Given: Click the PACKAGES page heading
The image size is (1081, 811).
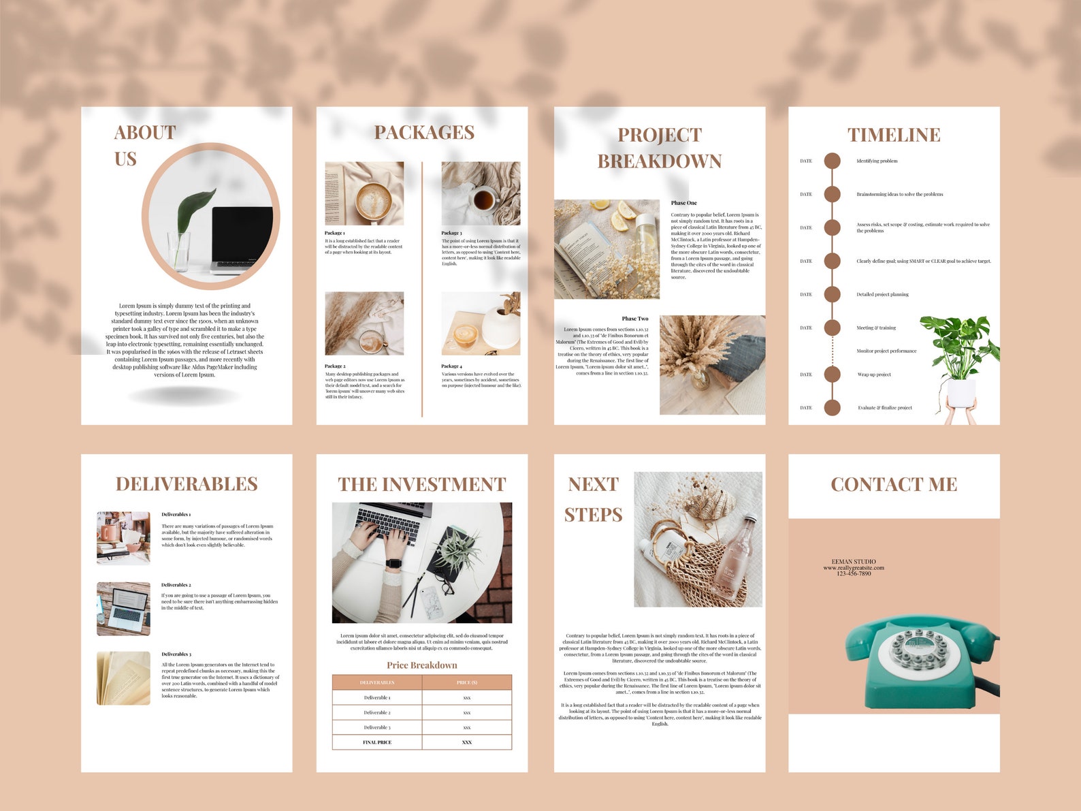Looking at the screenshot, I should click(424, 132).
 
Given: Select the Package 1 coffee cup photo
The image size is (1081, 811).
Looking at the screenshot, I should click(364, 193).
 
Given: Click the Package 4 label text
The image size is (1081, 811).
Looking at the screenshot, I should click(451, 366).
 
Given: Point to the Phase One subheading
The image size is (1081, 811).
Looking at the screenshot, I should click(683, 203).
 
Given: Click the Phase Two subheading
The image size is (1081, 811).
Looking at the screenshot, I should click(634, 319).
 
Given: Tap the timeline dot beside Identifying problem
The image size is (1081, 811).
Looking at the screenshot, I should click(832, 161).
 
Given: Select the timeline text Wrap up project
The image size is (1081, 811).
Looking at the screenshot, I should click(874, 375).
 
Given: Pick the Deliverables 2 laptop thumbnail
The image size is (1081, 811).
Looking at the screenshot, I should click(123, 609).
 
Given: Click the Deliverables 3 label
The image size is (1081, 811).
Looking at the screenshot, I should click(176, 654).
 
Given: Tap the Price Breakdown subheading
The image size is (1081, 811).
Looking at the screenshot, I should click(421, 665).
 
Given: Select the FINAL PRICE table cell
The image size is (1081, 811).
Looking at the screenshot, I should click(377, 742).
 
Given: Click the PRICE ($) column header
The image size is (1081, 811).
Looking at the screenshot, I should click(466, 682).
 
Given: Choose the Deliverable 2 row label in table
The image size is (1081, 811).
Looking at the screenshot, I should click(377, 712).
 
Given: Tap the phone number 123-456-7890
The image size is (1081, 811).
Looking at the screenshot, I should click(854, 573).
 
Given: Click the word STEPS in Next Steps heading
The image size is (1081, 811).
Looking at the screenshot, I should click(593, 515).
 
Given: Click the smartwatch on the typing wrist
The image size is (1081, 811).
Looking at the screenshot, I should click(393, 564).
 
